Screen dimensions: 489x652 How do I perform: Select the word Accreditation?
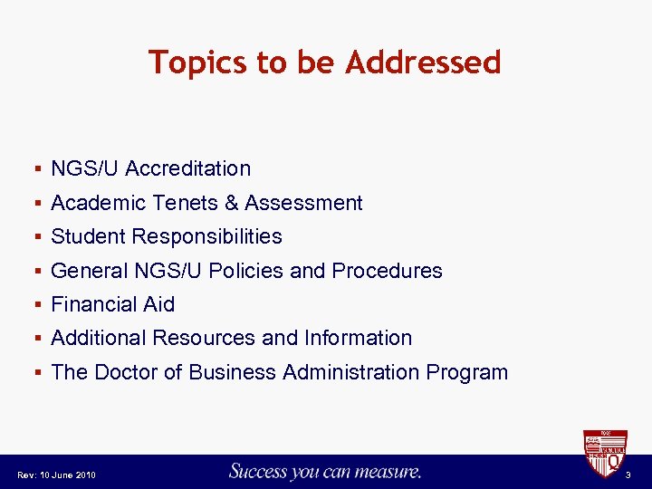click(188, 168)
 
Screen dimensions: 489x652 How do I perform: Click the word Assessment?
click(303, 203)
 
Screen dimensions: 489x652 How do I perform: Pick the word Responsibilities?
click(206, 237)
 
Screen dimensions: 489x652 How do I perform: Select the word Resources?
click(205, 338)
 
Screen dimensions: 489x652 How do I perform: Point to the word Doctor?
click(127, 372)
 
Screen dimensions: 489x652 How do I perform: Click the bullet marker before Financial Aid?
click(37, 305)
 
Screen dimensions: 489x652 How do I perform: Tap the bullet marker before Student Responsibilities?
click(37, 237)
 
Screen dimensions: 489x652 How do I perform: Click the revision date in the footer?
click(56, 475)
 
